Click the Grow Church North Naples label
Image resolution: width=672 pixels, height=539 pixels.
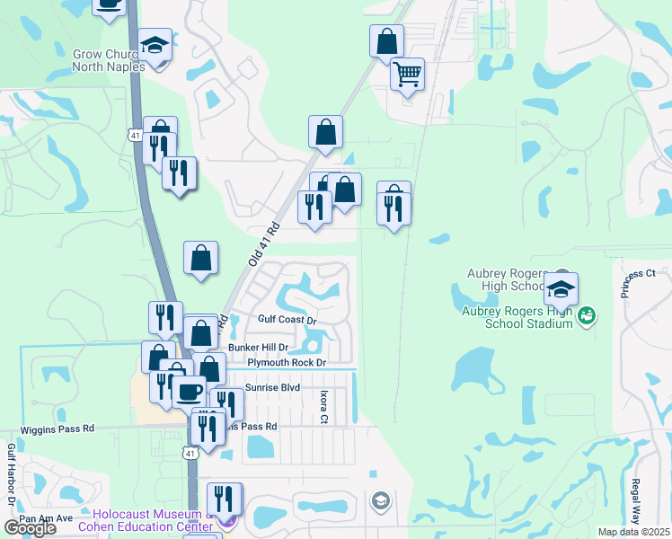(x=105, y=60)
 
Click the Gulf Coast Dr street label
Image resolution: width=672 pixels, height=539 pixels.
(x=287, y=320)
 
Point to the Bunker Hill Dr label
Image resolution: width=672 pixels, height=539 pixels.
(x=258, y=347)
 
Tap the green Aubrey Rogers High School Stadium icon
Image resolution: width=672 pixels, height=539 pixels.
(x=587, y=315)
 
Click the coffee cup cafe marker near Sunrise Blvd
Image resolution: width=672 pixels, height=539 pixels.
(x=189, y=391)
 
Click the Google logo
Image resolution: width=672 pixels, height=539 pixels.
(x=30, y=527)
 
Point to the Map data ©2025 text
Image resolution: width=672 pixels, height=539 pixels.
(x=633, y=532)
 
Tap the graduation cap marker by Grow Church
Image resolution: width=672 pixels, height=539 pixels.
(x=155, y=46)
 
